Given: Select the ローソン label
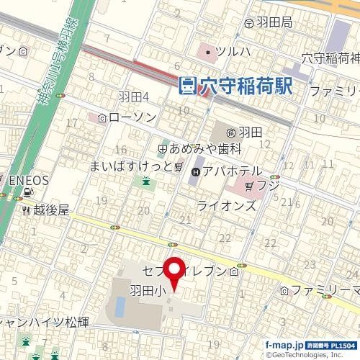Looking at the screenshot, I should click(130, 117).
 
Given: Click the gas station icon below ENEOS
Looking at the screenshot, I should click(28, 192).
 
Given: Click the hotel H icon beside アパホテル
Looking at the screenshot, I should click(197, 171).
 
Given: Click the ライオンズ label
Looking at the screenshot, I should click(226, 205).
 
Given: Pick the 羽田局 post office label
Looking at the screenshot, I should click(273, 22).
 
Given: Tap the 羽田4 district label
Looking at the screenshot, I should click(133, 96).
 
